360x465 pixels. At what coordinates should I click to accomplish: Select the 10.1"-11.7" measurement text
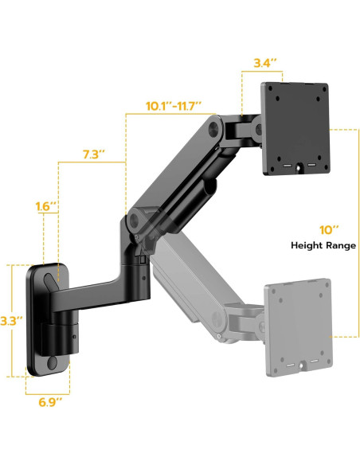(174, 104)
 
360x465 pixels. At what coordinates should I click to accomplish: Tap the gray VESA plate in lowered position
(297, 325)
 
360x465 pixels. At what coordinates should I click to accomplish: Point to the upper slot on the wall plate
(49, 281)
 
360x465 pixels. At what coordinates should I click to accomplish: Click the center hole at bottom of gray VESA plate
(300, 368)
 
